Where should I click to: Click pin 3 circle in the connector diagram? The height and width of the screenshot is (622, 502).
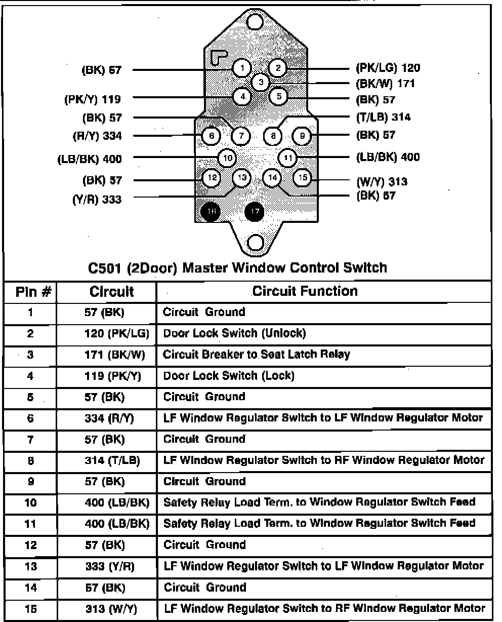click(261, 82)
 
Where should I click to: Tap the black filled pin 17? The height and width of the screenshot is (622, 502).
click(254, 212)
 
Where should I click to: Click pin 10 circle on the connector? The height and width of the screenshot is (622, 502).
click(228, 158)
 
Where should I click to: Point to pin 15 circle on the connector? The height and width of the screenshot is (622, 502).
click(302, 177)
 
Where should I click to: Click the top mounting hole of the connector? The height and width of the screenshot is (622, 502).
click(256, 21)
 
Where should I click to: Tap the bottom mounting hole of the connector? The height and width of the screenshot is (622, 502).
click(256, 243)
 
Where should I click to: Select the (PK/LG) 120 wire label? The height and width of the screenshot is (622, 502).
click(388, 68)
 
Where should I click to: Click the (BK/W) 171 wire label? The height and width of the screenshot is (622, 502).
click(385, 83)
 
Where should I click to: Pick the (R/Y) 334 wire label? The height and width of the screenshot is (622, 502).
click(97, 136)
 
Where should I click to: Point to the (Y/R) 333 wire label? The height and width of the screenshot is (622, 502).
click(97, 200)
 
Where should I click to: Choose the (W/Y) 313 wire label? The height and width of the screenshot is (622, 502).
click(382, 182)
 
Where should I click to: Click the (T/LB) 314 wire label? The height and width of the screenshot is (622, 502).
click(384, 118)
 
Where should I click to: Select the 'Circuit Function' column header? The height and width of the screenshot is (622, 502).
click(305, 291)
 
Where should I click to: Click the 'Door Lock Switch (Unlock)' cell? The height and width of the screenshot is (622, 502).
click(234, 333)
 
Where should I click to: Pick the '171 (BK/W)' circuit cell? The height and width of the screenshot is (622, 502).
click(114, 355)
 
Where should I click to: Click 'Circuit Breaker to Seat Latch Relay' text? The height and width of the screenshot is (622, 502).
click(256, 354)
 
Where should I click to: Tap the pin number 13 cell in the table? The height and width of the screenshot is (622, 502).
click(31, 566)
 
